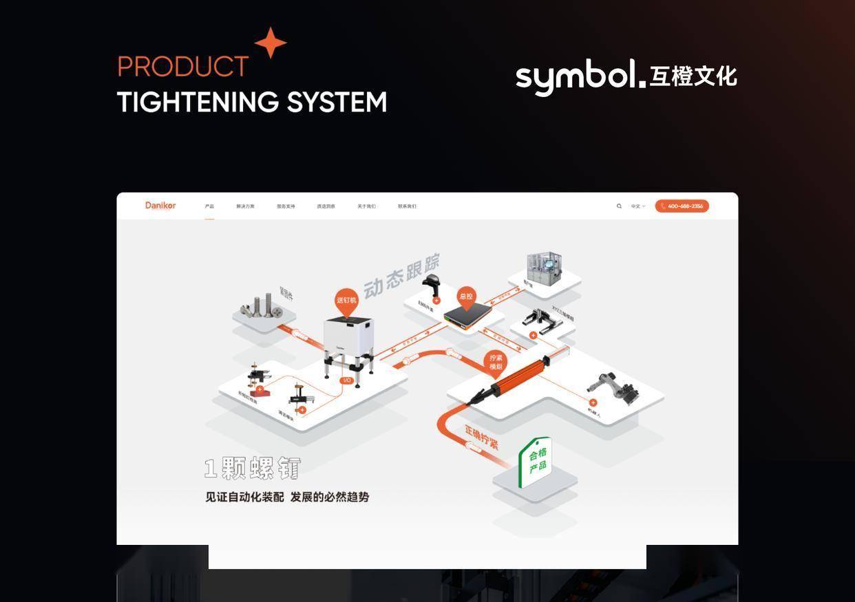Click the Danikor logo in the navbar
point(160,205)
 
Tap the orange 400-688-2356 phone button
point(682,206)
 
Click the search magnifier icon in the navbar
point(619,206)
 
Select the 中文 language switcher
point(637,206)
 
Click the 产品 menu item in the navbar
point(209,206)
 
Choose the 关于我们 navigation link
point(366,206)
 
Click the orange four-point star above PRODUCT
point(271,43)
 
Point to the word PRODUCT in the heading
point(183,67)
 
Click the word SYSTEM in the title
point(337,103)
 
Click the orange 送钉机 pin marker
point(346,301)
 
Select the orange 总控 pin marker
point(466,297)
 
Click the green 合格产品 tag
point(536,462)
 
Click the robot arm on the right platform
point(614,388)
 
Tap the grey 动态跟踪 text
point(401,275)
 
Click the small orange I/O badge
point(347,380)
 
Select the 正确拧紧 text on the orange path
point(481,438)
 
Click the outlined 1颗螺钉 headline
point(253,469)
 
